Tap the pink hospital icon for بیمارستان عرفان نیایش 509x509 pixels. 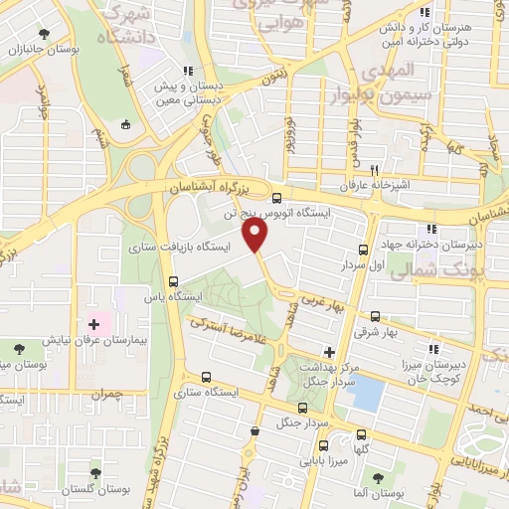pos(95,325)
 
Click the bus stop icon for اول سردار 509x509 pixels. pos(363,251)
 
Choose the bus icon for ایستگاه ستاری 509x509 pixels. pos(206,378)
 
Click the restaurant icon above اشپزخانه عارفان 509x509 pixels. pos(375,170)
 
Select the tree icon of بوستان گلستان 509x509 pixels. pos(95,473)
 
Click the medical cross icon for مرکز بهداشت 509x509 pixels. pos(329,351)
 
